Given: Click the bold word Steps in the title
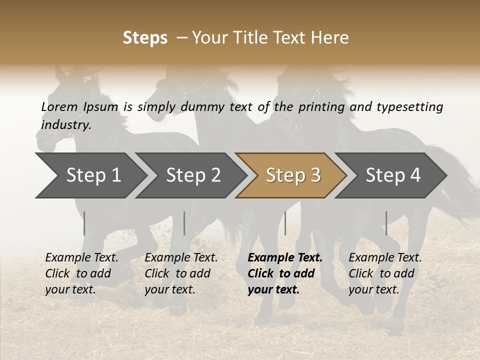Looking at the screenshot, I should tap(145, 37).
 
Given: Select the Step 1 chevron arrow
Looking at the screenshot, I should tap(90, 175).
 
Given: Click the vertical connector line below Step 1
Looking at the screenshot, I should tap(84, 223).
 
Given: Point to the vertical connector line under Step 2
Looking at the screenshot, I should tap(184, 223).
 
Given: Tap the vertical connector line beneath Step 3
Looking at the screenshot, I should tap(285, 223).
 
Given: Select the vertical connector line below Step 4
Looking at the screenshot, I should tap(386, 223).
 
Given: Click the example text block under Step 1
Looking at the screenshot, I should tap(81, 273).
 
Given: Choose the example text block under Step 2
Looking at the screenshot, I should tap(180, 273).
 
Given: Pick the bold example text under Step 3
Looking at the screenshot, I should tap(284, 273).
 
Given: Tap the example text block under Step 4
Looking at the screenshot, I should tap(384, 273).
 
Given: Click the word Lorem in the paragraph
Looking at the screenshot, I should tap(59, 106).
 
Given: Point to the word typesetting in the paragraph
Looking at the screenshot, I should tap(409, 106).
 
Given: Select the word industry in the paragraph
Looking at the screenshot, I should tap(65, 125).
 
